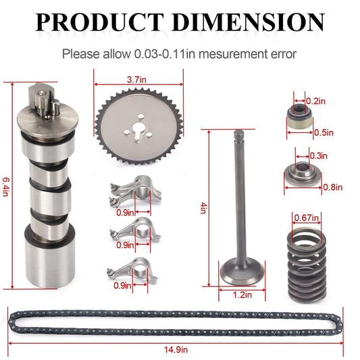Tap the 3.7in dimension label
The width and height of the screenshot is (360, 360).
tap(135, 80)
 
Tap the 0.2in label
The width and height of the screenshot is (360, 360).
tap(314, 101)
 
